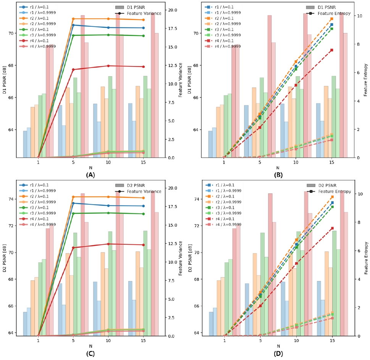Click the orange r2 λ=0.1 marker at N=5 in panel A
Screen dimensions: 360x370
point(73,19)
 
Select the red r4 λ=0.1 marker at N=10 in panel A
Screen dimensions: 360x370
point(108,66)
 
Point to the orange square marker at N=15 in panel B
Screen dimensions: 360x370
point(331,19)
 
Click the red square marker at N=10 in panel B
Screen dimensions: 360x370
point(296,85)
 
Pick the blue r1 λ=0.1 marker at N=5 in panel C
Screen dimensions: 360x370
point(73,203)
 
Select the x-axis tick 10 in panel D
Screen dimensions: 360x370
point(296,341)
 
